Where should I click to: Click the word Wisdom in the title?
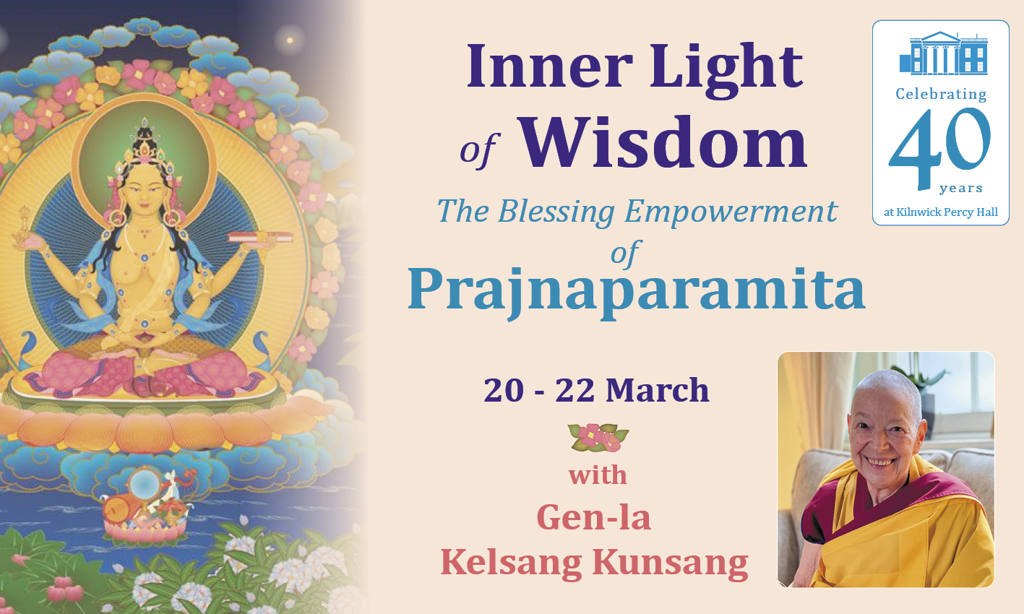[x=664, y=143]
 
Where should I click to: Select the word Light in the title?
[x=726, y=70]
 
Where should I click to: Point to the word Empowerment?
[x=731, y=212]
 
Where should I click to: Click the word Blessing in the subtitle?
[x=556, y=212]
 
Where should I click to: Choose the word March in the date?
[x=658, y=391]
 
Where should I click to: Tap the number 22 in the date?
[x=575, y=391]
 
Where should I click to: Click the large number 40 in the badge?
[x=939, y=147]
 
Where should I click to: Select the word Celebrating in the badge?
[x=941, y=94]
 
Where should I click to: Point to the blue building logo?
[x=943, y=53]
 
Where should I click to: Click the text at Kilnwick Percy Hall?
[x=941, y=212]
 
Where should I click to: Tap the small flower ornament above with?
[x=598, y=438]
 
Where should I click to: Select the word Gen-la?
[x=593, y=518]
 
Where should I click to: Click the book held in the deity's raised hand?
[x=261, y=237]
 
